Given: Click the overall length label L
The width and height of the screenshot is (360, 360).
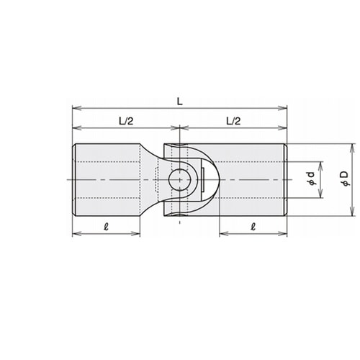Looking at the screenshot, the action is click(x=180, y=102).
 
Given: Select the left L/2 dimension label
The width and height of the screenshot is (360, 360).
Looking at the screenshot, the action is click(x=126, y=121).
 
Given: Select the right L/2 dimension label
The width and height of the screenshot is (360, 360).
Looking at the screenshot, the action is click(x=233, y=121).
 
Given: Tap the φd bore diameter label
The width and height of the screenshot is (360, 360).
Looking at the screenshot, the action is click(x=312, y=179).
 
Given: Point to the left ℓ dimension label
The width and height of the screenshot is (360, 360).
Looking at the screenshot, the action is click(x=106, y=226).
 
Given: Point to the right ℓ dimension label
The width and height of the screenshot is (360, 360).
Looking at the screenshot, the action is click(x=253, y=226).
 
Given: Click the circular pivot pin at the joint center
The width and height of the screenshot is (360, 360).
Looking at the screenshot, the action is click(x=179, y=180).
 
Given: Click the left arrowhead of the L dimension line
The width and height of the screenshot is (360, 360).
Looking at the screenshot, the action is click(x=76, y=108).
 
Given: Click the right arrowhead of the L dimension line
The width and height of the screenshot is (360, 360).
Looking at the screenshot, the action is click(x=283, y=108).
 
